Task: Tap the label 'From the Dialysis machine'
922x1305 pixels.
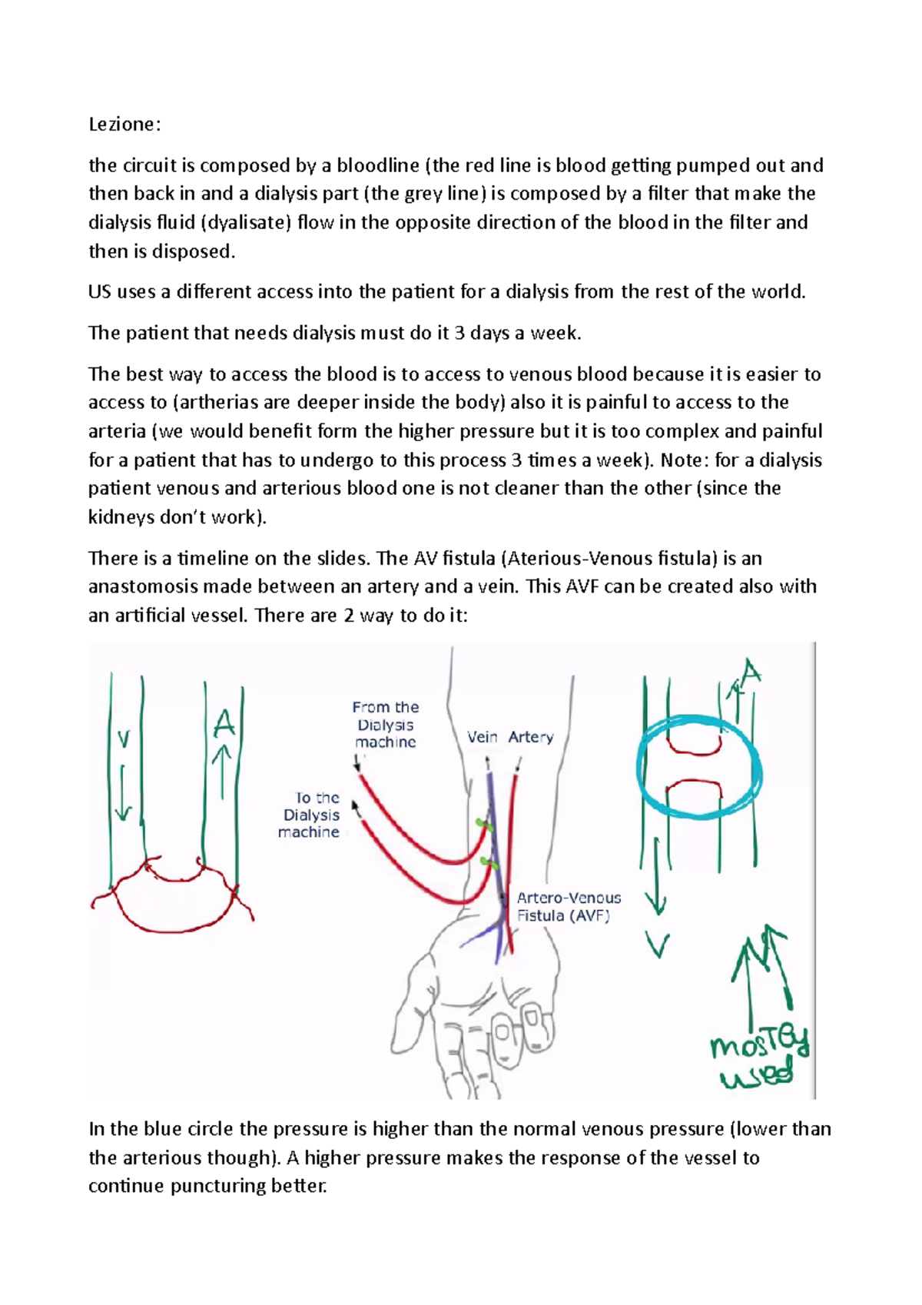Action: click(x=385, y=724)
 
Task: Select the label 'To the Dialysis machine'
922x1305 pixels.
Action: click(x=310, y=815)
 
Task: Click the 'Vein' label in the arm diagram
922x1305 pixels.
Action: click(x=483, y=737)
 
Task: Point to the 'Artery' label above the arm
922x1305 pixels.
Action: click(x=530, y=737)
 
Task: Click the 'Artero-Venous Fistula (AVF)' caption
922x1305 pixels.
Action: click(x=568, y=906)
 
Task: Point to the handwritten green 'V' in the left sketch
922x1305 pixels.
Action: click(x=123, y=739)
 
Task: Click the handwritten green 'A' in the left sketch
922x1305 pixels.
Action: click(x=223, y=722)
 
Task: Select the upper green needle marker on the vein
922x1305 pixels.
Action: click(x=483, y=824)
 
